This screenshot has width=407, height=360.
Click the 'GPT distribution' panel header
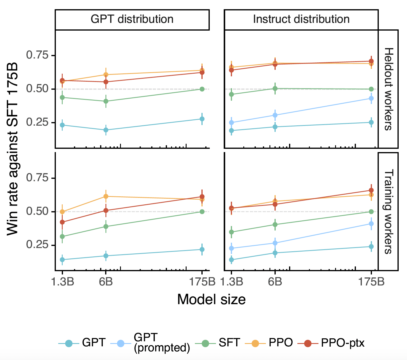click(132, 19)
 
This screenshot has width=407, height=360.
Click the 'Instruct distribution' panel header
click(301, 19)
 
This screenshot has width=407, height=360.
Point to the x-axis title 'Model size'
click(211, 299)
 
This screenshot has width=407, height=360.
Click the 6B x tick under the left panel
click(106, 281)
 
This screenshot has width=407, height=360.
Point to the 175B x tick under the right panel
click(371, 281)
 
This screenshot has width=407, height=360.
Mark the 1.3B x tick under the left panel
click(62, 281)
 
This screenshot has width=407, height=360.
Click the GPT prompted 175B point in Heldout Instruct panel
click(371, 98)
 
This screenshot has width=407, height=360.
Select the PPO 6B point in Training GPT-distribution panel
click(106, 196)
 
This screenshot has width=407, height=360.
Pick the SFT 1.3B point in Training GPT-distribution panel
click(62, 237)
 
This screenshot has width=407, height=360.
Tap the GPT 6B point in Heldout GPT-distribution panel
click(106, 130)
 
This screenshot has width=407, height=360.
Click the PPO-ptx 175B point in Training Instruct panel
click(371, 190)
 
